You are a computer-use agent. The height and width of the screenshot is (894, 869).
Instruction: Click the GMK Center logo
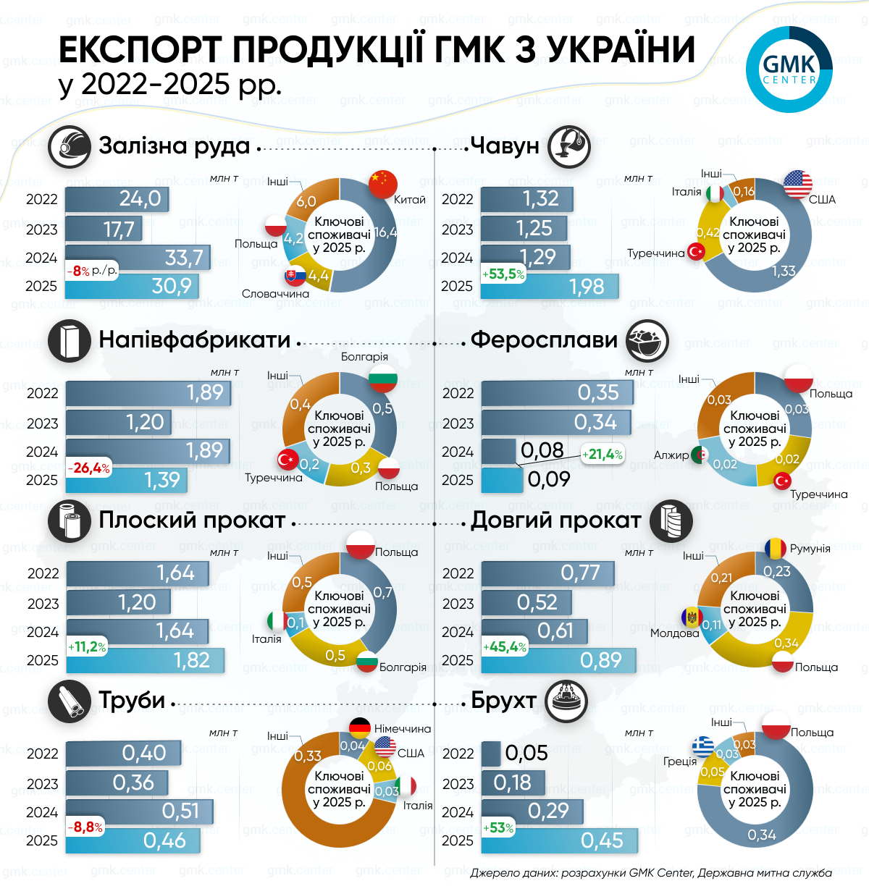click(789, 69)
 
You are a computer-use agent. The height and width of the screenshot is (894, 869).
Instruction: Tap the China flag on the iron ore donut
click(383, 184)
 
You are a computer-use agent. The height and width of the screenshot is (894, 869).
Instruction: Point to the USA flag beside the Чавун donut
click(798, 185)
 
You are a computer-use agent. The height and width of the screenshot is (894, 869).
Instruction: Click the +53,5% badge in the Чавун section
click(504, 274)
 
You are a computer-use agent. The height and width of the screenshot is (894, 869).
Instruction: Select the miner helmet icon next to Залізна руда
click(69, 146)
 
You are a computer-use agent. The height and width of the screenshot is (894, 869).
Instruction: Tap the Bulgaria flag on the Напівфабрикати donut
click(383, 378)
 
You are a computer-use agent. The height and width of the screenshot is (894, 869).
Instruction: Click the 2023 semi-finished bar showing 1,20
click(119, 422)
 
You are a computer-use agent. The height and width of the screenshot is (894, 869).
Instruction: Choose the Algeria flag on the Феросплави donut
click(700, 455)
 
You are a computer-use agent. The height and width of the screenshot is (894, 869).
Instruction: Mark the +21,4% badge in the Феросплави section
click(602, 455)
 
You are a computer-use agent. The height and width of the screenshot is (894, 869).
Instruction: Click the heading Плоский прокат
click(192, 520)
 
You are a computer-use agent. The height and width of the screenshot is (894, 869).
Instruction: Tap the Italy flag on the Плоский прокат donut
click(275, 621)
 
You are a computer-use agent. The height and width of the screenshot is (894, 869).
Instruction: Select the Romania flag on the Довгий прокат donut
click(775, 548)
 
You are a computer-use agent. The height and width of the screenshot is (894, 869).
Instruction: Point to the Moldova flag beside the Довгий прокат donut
click(692, 617)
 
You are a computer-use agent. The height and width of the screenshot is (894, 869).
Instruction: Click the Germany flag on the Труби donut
click(360, 728)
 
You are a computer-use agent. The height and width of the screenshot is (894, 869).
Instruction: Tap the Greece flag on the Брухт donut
click(702, 746)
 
